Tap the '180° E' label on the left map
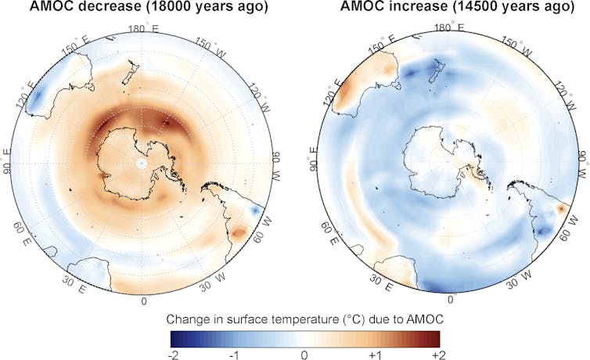point(142,27)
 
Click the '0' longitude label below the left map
point(142,301)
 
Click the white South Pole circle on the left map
point(141,164)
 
